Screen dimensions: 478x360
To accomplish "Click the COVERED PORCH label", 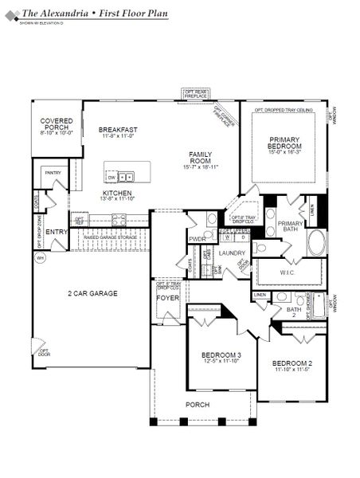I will (x=57, y=123).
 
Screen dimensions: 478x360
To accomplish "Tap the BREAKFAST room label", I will (x=118, y=129).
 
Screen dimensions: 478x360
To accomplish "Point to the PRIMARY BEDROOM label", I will (x=284, y=143).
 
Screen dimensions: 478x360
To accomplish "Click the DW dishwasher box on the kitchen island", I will (x=112, y=177).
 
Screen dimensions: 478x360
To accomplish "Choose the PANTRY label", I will (x=53, y=172).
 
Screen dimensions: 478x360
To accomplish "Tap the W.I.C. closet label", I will (x=288, y=271).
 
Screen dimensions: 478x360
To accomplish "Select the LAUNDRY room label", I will (x=232, y=253).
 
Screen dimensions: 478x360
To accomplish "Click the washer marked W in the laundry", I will (x=227, y=237).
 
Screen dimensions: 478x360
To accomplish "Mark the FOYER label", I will (x=167, y=298).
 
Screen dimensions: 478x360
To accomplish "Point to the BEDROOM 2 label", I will (x=291, y=362).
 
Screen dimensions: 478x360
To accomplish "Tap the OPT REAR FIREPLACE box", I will (x=196, y=93).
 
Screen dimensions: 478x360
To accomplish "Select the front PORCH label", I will (x=198, y=405).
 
